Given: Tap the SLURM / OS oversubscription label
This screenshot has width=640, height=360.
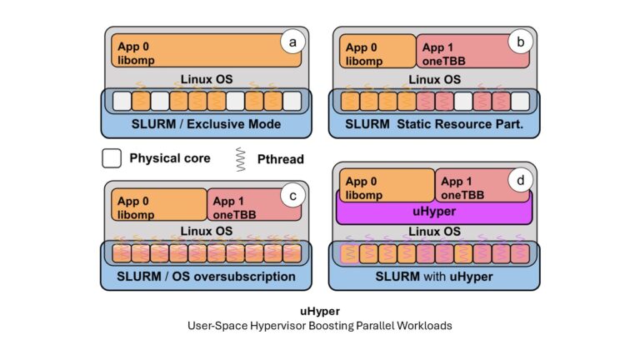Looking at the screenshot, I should point(207,277).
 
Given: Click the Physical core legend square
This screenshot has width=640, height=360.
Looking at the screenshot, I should point(112,158).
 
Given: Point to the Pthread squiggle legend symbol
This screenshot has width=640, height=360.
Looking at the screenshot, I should point(240,158).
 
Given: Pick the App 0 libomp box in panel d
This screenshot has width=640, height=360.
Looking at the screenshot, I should point(385,186).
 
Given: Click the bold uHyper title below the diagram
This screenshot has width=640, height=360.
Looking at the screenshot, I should point(320,311).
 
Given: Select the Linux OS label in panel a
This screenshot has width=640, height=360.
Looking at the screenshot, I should point(206,80).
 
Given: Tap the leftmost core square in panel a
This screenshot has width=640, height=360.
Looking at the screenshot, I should point(122,101).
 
